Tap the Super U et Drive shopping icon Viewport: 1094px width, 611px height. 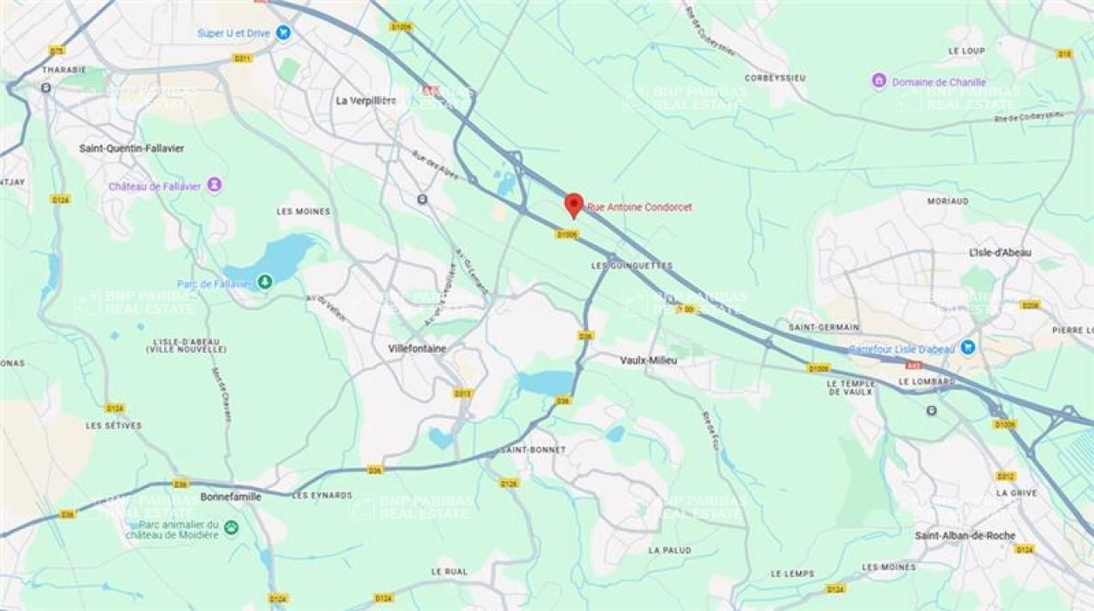[284, 32]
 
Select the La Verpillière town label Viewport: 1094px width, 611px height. [366, 101]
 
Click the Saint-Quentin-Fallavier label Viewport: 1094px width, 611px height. [132, 149]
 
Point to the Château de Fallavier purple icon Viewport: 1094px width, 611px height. [215, 185]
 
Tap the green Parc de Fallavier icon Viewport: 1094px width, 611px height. [265, 280]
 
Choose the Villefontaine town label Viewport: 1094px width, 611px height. [418, 349]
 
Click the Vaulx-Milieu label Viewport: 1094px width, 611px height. [648, 361]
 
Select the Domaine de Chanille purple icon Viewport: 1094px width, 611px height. [879, 81]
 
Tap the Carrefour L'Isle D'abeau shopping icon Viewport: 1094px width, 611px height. [968, 347]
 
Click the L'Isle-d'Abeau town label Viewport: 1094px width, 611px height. [1000, 253]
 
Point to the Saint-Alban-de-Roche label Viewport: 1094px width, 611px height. [965, 536]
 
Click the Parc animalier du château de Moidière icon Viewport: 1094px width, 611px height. [231, 528]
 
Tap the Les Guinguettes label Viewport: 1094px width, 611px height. [631, 266]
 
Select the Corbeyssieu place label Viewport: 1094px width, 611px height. [775, 78]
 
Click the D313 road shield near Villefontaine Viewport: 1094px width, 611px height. [462, 393]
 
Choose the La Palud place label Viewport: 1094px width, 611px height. [669, 550]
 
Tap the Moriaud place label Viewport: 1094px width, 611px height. [948, 202]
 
